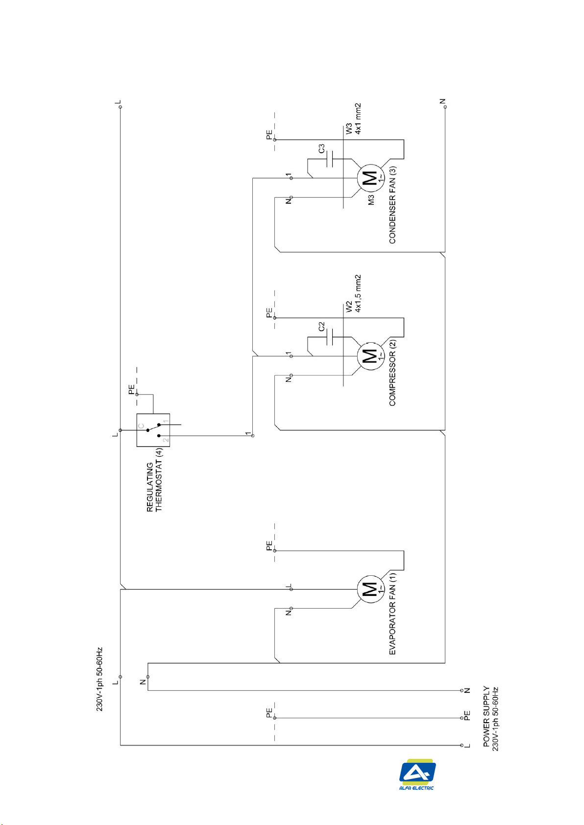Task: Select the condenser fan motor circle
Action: pos(371,178)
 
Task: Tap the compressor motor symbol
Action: pos(371,356)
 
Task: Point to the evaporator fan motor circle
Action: pos(371,589)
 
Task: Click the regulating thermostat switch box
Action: pos(153,430)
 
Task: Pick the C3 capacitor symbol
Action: pos(330,159)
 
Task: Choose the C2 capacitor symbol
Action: pos(330,337)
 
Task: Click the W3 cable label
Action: pos(349,129)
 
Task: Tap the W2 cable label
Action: pos(349,307)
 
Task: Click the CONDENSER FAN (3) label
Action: pos(392,205)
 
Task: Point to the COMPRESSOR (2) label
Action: pos(392,373)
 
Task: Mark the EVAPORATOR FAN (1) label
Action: pos(392,613)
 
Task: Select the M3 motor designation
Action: pos(371,200)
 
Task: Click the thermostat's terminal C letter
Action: pos(141,426)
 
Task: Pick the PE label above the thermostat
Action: pos(131,389)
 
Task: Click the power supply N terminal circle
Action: pos(462,690)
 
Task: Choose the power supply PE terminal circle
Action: pos(462,718)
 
